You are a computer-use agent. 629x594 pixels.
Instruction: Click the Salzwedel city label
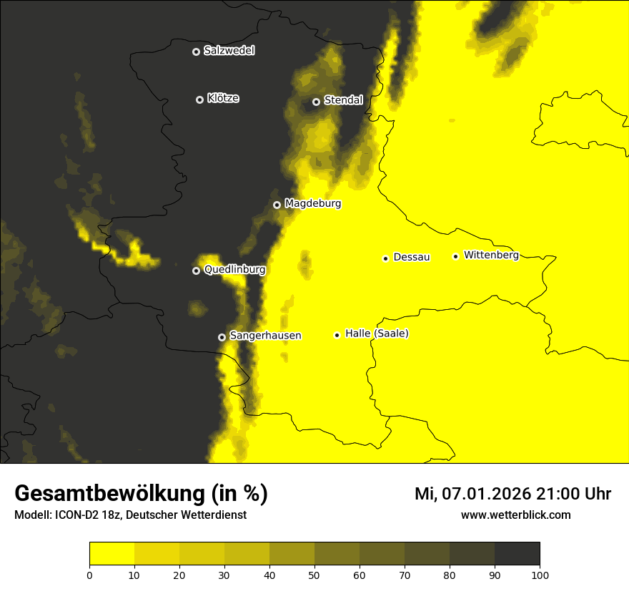pos(229,51)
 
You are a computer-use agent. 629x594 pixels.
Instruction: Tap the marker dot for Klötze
pos(199,99)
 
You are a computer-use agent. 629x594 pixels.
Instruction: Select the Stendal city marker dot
pos(316,102)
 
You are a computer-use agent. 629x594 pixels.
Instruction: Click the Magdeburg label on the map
pos(312,204)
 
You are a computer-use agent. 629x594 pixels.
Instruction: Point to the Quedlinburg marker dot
pos(196,271)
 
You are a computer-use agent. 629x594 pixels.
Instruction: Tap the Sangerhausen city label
pos(264,336)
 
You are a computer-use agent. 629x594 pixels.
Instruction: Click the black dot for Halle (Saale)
pos(337,335)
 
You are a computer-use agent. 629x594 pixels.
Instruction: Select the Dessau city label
pos(412,257)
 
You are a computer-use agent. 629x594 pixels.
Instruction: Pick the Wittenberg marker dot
pos(455,256)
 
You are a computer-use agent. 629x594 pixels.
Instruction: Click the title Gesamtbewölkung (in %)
pos(141,494)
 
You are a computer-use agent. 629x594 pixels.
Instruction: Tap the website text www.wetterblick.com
pos(515,515)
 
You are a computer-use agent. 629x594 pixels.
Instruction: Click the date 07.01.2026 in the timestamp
pos(485,494)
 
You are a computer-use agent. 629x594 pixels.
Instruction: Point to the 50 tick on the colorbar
pos(314,574)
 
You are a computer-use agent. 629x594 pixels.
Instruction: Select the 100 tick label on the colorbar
pos(540,574)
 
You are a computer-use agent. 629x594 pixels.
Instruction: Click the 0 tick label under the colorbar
pos(89,574)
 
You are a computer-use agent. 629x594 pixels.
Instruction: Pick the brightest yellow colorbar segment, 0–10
pos(112,554)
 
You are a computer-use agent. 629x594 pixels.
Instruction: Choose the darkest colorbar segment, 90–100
pos(517,554)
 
